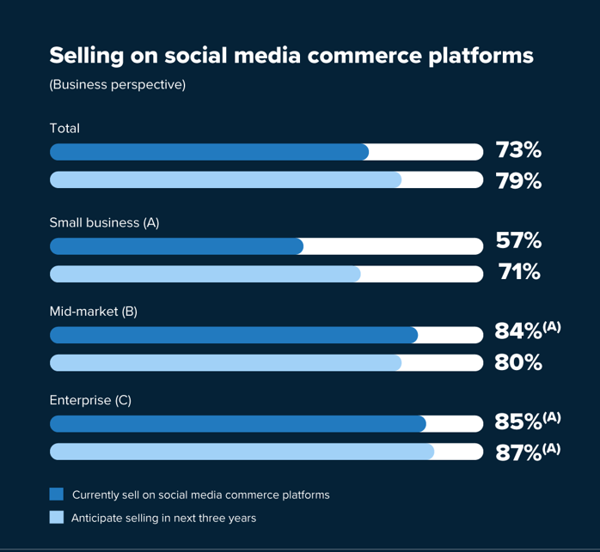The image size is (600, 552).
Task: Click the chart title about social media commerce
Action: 291,56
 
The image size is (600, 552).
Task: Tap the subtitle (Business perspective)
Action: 117,85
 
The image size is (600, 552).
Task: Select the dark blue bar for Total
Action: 209,152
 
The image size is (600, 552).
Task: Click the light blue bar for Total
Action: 225,179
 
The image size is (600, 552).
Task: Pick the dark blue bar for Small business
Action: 176,246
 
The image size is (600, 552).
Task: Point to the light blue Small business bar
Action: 205,274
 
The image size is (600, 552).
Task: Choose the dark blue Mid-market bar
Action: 234,335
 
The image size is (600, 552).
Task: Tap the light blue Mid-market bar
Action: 225,362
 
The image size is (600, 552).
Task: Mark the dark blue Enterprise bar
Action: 237,424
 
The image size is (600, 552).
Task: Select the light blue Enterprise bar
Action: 242,452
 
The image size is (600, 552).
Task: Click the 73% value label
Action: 518,151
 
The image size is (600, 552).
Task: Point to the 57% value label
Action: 518,241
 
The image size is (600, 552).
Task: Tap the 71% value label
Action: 519,273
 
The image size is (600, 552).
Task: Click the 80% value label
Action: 518,363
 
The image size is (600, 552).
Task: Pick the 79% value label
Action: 518,182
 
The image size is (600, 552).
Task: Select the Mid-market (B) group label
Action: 93,312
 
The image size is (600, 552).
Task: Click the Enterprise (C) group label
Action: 90,400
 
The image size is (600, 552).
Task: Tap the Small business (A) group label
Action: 104,222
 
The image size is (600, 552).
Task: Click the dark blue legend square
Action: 57,494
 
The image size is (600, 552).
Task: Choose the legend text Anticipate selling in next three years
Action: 163,518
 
